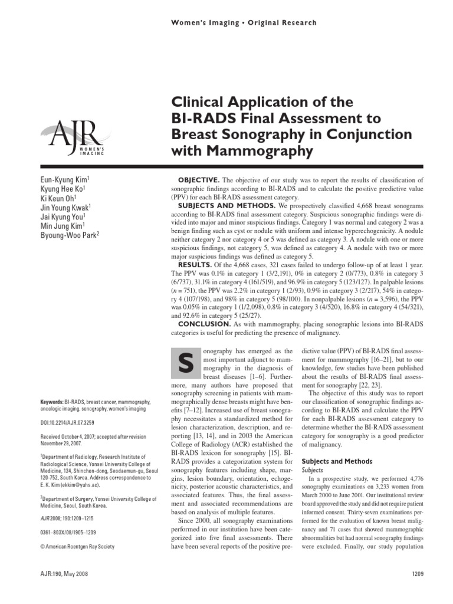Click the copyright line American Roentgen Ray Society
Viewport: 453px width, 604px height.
click(x=77, y=546)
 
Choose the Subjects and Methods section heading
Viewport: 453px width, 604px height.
click(x=337, y=461)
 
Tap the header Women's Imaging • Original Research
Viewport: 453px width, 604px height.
click(x=244, y=22)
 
